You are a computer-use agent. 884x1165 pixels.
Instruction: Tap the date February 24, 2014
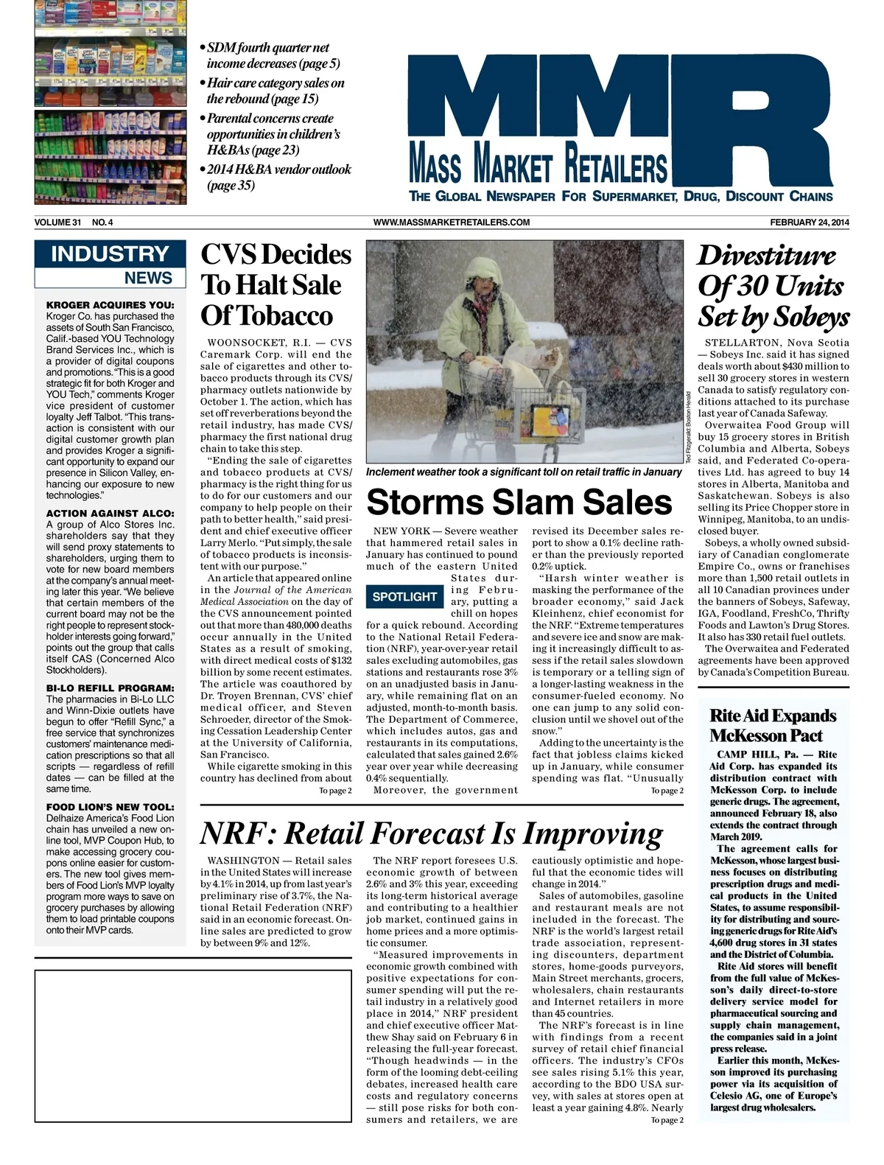click(x=809, y=223)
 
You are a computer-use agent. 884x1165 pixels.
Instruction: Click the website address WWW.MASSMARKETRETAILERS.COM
click(x=452, y=223)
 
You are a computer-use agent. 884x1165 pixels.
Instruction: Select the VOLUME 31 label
click(x=57, y=223)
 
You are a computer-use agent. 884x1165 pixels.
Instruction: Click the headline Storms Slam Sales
click(x=519, y=502)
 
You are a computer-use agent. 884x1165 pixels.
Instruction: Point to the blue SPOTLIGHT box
click(x=404, y=596)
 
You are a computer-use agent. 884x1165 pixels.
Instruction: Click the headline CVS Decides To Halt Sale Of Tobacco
click(x=276, y=285)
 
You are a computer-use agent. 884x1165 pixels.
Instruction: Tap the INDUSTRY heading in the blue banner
click(x=110, y=254)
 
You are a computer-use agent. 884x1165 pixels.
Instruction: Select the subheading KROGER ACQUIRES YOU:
click(x=110, y=305)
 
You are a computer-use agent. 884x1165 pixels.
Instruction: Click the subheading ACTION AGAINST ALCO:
click(x=110, y=514)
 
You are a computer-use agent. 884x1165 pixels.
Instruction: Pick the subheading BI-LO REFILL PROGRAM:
click(x=110, y=688)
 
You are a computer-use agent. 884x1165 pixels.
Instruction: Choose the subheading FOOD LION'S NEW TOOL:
click(x=110, y=807)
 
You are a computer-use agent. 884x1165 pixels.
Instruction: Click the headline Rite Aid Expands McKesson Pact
click(x=773, y=726)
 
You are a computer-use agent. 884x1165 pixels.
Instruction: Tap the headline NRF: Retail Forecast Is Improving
click(x=432, y=833)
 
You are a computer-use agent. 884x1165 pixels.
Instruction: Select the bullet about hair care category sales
click(x=275, y=91)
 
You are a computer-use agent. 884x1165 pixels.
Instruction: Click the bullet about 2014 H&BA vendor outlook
click(x=278, y=177)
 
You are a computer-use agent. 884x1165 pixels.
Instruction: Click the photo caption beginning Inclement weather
click(x=524, y=472)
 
